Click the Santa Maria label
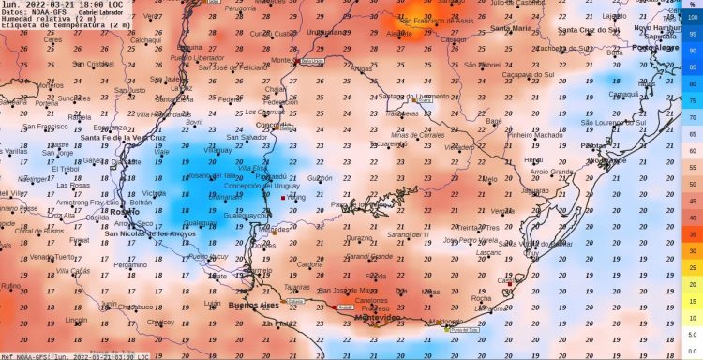point(509,28)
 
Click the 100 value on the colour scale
point(691,17)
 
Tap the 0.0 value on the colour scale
point(691,352)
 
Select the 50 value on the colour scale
point(691,185)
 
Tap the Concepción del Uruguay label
point(247,187)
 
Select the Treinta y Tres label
point(479,228)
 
